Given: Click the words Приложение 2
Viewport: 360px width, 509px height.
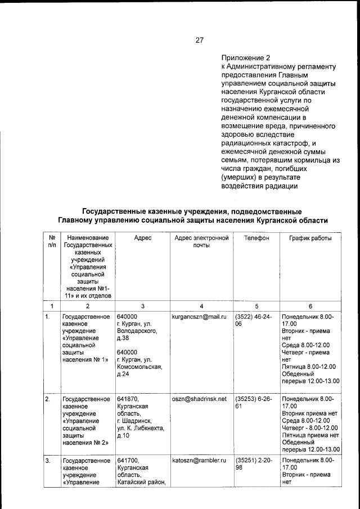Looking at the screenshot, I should pyautogui.click(x=246, y=57).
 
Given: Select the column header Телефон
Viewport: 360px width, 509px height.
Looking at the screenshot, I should pyautogui.click(x=256, y=238).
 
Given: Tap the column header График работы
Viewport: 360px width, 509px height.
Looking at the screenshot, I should pyautogui.click(x=310, y=238).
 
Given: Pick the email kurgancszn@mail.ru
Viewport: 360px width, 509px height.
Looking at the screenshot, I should pyautogui.click(x=199, y=317).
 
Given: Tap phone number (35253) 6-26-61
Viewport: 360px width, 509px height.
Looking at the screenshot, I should pyautogui.click(x=254, y=402).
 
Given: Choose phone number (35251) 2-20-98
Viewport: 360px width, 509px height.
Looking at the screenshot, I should pyautogui.click(x=254, y=463).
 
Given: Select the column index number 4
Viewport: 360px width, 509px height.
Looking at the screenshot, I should pyautogui.click(x=201, y=306).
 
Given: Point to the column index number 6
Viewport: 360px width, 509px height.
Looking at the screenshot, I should pyautogui.click(x=310, y=306).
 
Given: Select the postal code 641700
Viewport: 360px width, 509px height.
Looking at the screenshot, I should pyautogui.click(x=128, y=460).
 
